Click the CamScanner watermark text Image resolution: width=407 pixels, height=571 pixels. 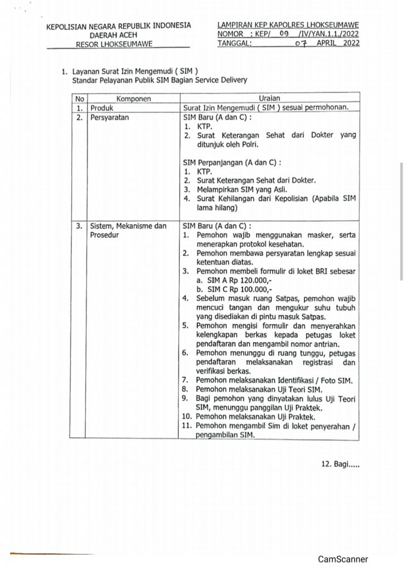click(x=343, y=559)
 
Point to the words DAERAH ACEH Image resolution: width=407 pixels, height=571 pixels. click(x=118, y=35)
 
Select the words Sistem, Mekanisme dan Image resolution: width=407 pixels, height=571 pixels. click(x=128, y=226)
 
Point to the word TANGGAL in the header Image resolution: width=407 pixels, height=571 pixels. click(x=235, y=43)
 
